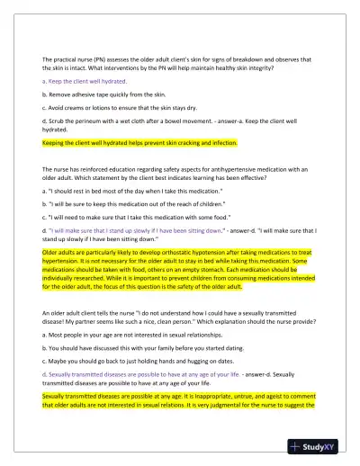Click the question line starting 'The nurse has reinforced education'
click(180, 167)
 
